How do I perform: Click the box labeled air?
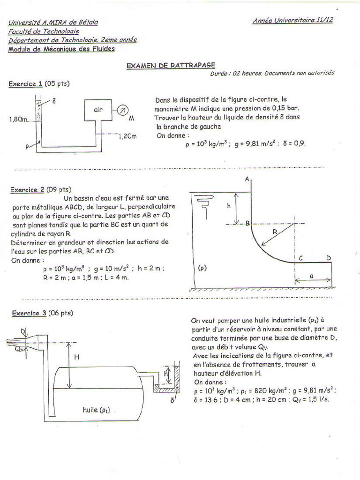point(98,110)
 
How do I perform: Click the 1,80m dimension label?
point(19,120)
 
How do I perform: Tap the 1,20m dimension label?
point(127,136)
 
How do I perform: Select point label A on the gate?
point(247,179)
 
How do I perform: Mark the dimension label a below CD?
point(311,277)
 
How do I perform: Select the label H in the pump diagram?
point(77,357)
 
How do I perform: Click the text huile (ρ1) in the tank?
point(96,410)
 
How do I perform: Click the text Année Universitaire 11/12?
point(292,21)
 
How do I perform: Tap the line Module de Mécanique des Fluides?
point(61,49)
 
